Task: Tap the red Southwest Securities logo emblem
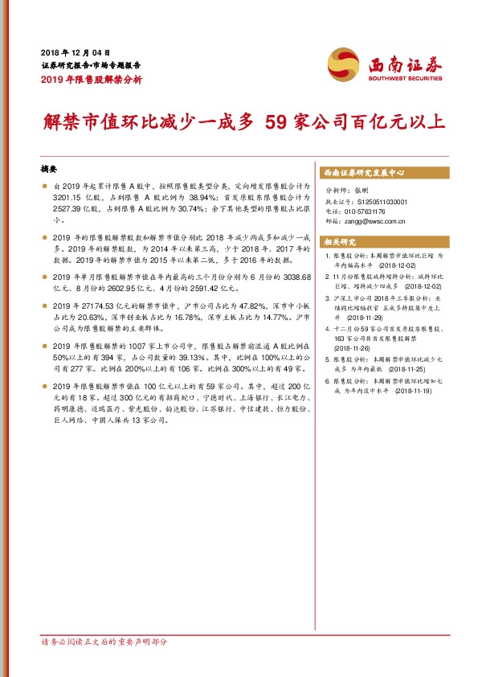pos(342,63)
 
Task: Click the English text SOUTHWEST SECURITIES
pos(405,79)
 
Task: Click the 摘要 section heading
pos(50,170)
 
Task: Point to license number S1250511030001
pos(384,201)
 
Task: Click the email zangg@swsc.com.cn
pos(374,220)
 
